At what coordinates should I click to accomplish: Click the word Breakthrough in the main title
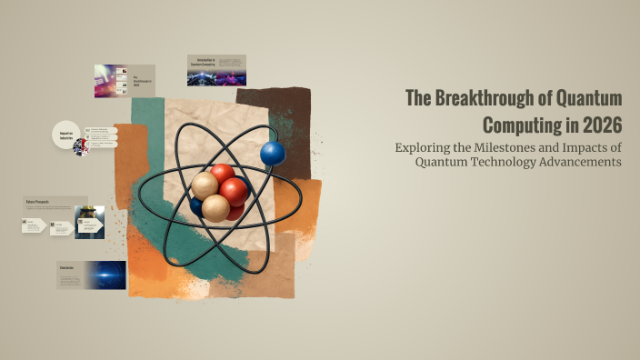point(484,99)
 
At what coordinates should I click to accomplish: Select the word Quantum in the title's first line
point(591,99)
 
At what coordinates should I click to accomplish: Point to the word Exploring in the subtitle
point(423,147)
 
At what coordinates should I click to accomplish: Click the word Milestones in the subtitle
point(525,147)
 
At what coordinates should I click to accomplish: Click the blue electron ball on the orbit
point(273,154)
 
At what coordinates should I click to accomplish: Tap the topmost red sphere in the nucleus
point(222,175)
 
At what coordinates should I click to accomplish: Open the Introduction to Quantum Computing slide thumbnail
point(216,70)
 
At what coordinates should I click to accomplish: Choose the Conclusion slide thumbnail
point(91,275)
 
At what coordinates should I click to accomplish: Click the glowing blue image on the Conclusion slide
point(107,275)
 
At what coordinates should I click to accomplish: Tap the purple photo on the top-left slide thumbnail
point(111,82)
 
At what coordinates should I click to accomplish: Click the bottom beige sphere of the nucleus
point(215,207)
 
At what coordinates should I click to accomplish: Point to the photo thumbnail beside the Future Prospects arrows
point(89,222)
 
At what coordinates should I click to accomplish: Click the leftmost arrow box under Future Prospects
point(34,225)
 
